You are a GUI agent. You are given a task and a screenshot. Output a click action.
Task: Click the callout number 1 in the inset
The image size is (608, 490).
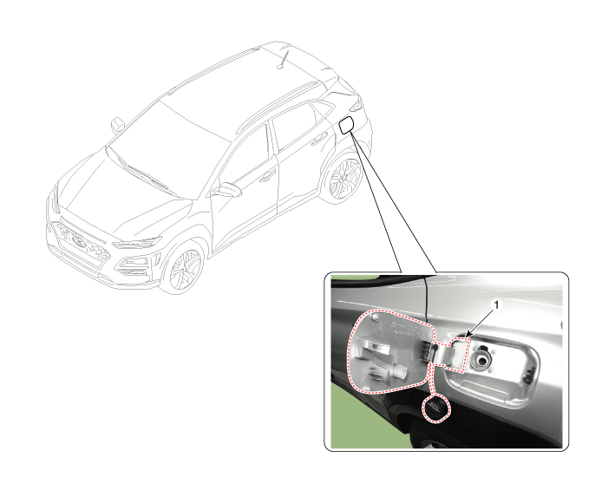496,305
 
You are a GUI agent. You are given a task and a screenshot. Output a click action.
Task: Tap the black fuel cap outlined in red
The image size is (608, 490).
437,408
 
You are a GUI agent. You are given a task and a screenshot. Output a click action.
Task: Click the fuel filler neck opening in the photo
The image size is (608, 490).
481,360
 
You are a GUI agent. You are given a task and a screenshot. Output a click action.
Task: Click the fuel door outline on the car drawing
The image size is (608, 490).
345,125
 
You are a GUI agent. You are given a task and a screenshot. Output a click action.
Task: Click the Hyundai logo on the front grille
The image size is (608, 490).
79,241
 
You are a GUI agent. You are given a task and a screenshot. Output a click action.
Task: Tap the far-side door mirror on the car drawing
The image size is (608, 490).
117,125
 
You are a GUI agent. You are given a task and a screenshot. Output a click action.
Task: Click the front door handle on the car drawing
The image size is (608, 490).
266,175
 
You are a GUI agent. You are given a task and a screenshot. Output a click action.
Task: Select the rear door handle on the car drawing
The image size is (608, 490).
319,137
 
